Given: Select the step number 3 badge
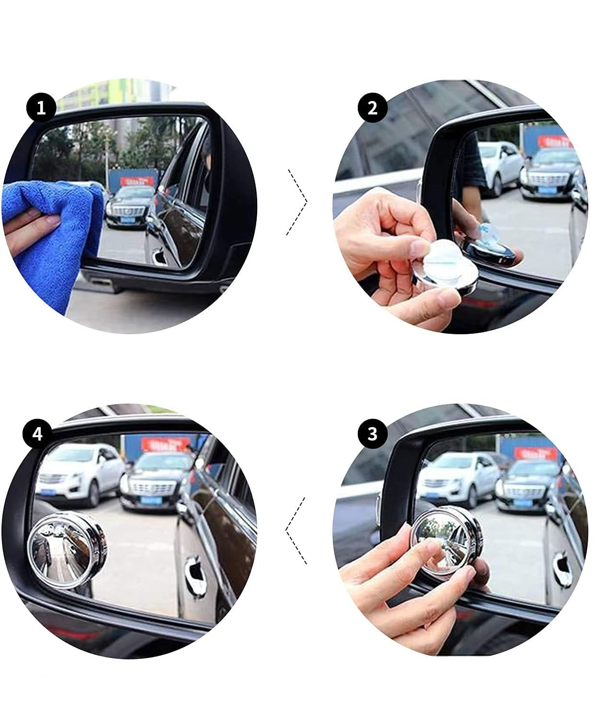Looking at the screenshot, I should pos(372,434).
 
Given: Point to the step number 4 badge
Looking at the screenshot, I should pos(38,434).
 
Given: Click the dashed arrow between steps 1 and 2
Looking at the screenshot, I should pos(297,201).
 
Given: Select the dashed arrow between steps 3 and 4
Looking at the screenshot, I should pos(296,530).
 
